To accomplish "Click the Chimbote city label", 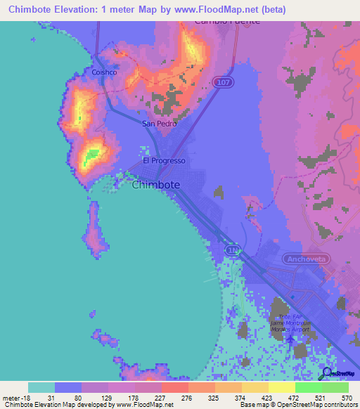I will (x=155, y=185).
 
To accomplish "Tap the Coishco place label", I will (x=104, y=72).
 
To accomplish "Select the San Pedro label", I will (x=159, y=124).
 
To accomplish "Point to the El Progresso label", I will (x=164, y=160).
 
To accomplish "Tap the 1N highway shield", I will (x=233, y=249).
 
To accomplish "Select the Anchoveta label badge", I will (x=307, y=259).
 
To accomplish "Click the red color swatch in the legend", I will (x=174, y=387).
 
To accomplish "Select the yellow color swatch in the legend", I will (x=281, y=387).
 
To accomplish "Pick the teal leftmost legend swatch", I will (x=41, y=387).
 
